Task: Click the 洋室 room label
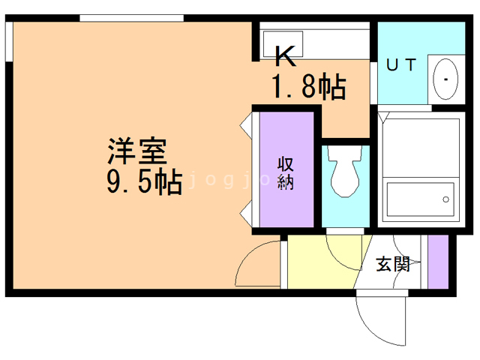[136, 151]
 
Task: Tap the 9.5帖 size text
[145, 182]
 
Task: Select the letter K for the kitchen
[286, 55]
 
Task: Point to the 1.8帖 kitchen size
[308, 87]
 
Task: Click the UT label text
[400, 65]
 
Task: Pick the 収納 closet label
[285, 173]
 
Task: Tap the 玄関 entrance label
[392, 264]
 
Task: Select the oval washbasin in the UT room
[446, 77]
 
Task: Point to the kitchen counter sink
[282, 42]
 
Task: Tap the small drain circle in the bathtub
[445, 199]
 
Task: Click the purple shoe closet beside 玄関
[437, 262]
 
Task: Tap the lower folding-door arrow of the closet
[245, 214]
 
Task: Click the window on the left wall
[9, 41]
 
